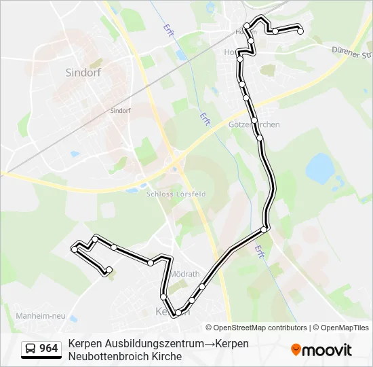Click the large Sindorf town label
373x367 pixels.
click(83, 73)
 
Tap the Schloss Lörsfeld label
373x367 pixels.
click(176, 194)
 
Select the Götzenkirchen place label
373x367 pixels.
click(254, 125)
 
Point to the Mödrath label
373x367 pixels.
click(185, 274)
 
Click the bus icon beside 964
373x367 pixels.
click(31, 349)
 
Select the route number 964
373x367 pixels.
click(49, 349)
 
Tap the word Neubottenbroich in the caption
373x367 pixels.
click(106, 356)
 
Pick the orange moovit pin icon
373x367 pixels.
click(296, 350)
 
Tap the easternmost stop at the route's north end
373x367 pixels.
click(300, 31)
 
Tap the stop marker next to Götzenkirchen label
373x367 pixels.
click(254, 120)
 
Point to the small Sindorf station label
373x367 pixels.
click(120, 109)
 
